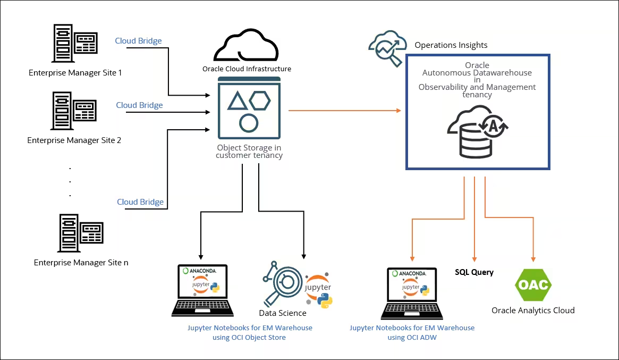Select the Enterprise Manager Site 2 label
click(74, 140)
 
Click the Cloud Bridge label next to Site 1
click(139, 41)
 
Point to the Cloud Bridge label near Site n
click(140, 202)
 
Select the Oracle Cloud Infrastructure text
click(247, 69)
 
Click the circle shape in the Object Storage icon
click(249, 122)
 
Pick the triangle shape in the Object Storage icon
click(238, 101)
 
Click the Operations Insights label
click(451, 45)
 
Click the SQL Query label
click(474, 272)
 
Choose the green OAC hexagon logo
click(533, 284)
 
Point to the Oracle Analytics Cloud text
click(533, 311)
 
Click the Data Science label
click(283, 313)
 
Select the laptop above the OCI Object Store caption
click(201, 290)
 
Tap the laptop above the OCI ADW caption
click(412, 292)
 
